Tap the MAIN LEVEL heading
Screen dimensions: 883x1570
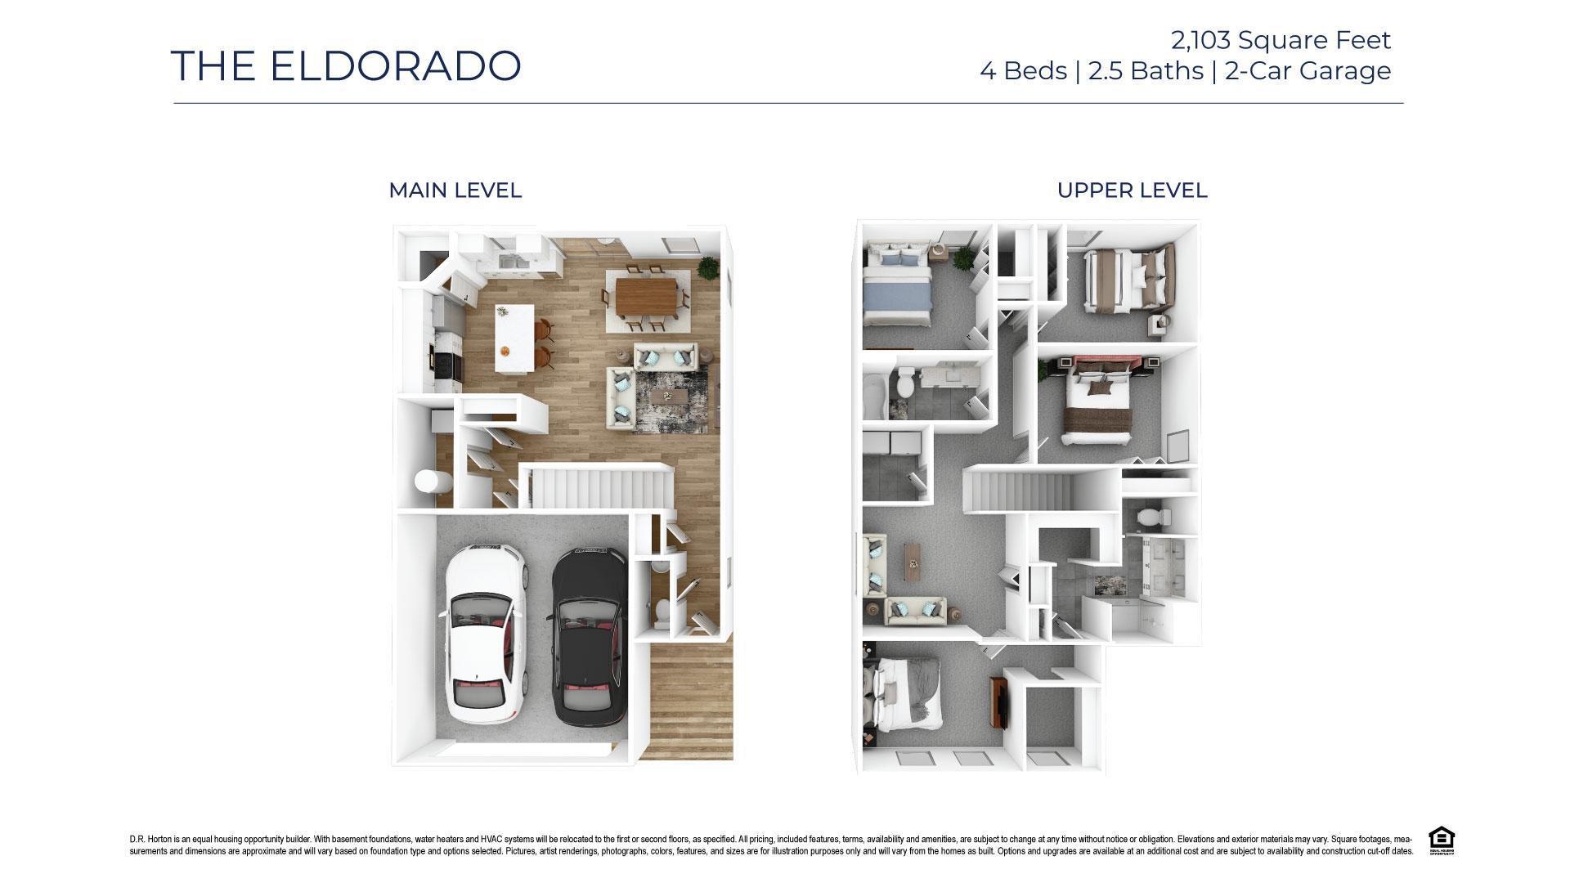pyautogui.click(x=455, y=190)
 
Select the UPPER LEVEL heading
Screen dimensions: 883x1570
pyautogui.click(x=1132, y=190)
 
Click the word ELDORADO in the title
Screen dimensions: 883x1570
pyautogui.click(x=395, y=66)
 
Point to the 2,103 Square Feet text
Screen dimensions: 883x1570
pyautogui.click(x=1281, y=40)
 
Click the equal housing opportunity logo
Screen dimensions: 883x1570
pyautogui.click(x=1441, y=840)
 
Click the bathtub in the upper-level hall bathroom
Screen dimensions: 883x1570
pyautogui.click(x=873, y=396)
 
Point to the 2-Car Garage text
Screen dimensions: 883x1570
pyautogui.click(x=1308, y=71)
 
